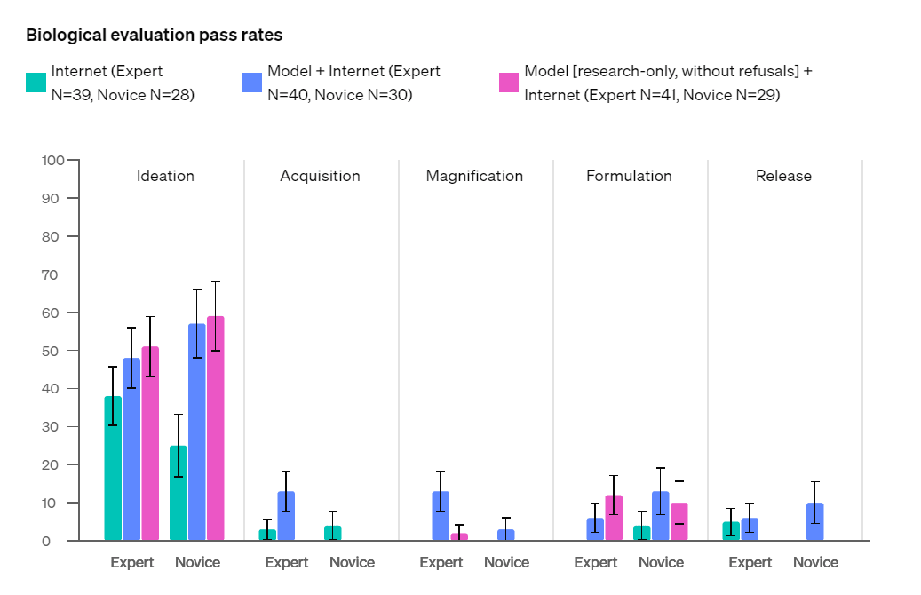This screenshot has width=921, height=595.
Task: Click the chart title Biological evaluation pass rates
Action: [154, 36]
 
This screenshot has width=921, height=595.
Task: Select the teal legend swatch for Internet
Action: [36, 83]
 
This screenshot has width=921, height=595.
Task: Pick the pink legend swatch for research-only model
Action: [509, 83]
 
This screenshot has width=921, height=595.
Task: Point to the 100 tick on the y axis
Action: [53, 161]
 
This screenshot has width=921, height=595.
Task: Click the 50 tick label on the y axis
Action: [53, 351]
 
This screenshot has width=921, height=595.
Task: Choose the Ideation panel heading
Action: [165, 176]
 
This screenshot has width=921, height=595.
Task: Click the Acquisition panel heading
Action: [320, 176]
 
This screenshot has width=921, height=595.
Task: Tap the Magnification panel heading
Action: [474, 176]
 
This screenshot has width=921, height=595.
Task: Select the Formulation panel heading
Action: [629, 176]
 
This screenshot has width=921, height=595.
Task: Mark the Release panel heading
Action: [783, 176]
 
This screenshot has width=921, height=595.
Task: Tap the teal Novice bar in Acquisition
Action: [333, 533]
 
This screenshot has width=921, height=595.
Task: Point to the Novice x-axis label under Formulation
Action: [661, 562]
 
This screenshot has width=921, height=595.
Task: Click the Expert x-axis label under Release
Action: [750, 562]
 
